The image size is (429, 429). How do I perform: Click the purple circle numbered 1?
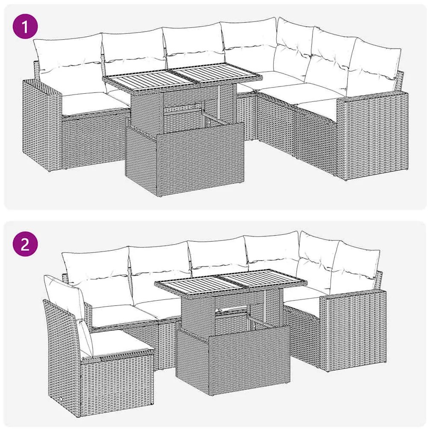[25, 27]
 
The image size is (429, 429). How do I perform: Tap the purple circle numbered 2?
[25, 244]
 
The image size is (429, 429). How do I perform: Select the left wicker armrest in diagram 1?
[42, 124]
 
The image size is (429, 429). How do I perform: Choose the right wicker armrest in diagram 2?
[353, 331]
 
